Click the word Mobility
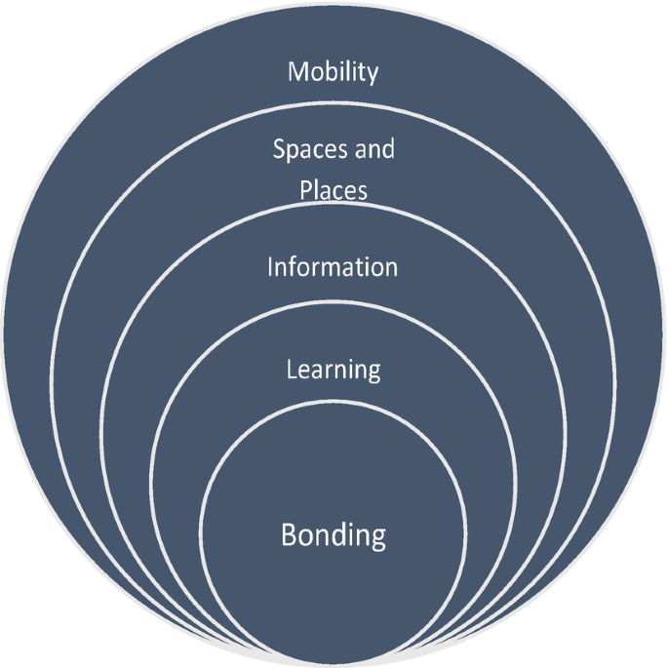333,72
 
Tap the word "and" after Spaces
374,150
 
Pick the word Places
334,189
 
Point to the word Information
333,266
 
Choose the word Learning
333,371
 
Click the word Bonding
334,536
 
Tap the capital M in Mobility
297,72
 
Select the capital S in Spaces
279,151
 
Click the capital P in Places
306,189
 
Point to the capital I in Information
271,266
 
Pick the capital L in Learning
291,370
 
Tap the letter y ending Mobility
372,75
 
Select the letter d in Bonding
337,534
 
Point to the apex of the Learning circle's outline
334,300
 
